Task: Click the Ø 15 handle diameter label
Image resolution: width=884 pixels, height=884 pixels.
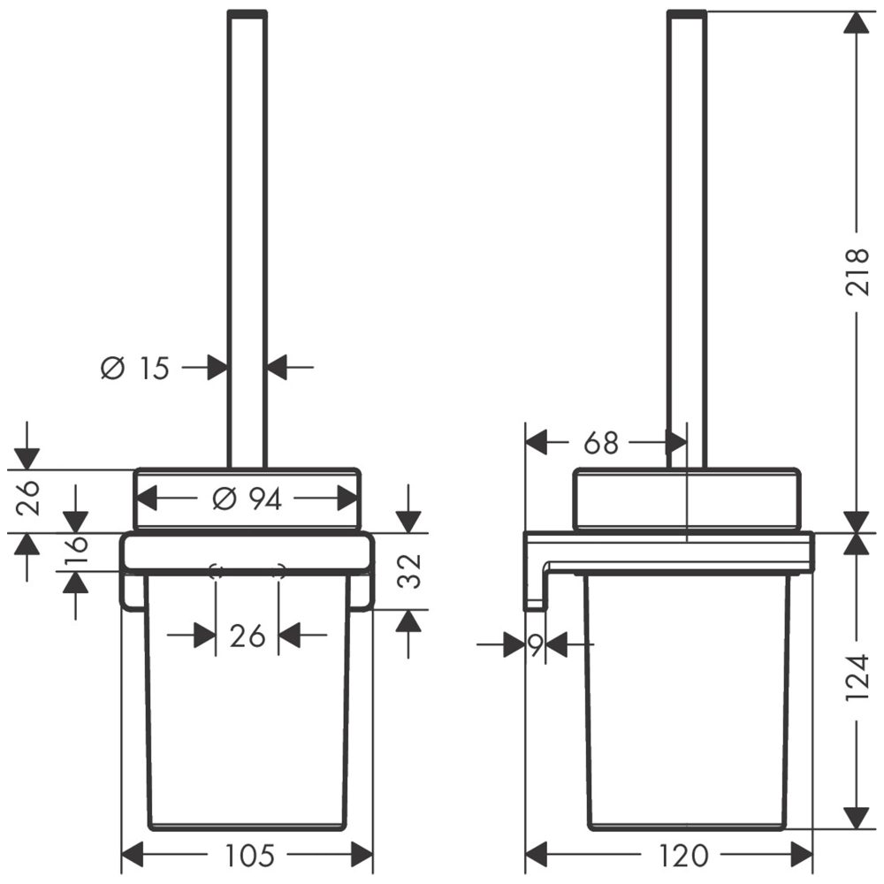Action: coord(134,368)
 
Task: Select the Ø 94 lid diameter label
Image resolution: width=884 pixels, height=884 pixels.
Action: coord(247,499)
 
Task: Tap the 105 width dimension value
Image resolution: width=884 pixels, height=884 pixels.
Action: coord(250,855)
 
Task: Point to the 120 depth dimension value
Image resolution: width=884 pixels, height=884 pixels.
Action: coord(682,855)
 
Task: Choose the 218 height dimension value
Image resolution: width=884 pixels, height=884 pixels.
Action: coord(857,271)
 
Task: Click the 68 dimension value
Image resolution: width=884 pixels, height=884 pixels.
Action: coord(601,443)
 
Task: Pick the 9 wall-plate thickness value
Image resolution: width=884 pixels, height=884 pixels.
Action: coord(535,645)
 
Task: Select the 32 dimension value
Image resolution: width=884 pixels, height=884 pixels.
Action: coord(408,571)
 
